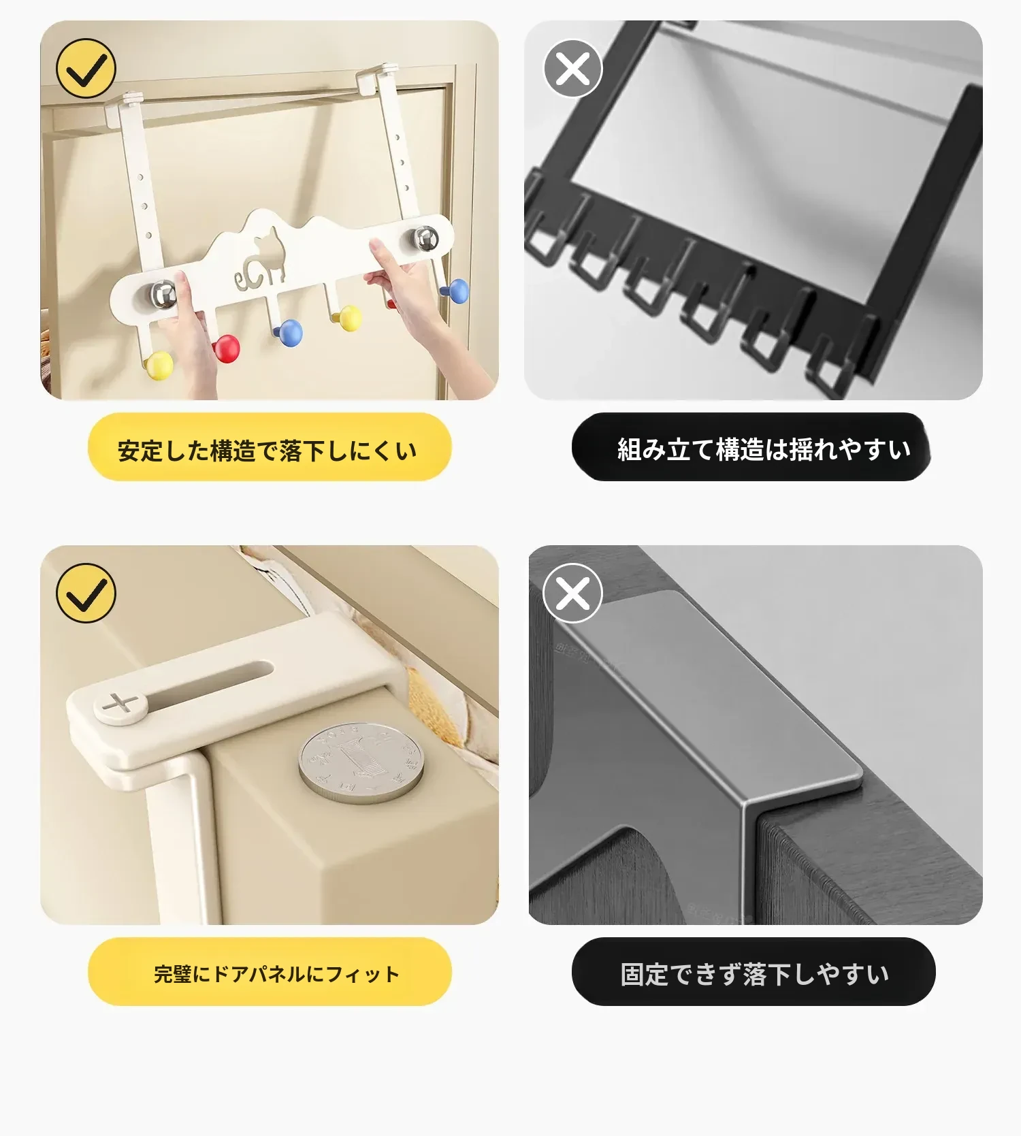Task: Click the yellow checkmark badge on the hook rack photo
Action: [x=86, y=69]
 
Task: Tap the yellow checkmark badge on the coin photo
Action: [x=86, y=593]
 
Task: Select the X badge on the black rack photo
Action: [x=572, y=69]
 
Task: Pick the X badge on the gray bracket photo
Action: [x=572, y=593]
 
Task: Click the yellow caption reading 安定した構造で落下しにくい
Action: [x=268, y=451]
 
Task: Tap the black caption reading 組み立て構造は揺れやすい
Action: [x=764, y=450]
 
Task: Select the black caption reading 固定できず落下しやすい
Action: [x=754, y=975]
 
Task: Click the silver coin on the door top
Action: [x=360, y=762]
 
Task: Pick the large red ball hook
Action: [x=226, y=348]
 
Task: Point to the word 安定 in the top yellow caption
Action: [x=140, y=451]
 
